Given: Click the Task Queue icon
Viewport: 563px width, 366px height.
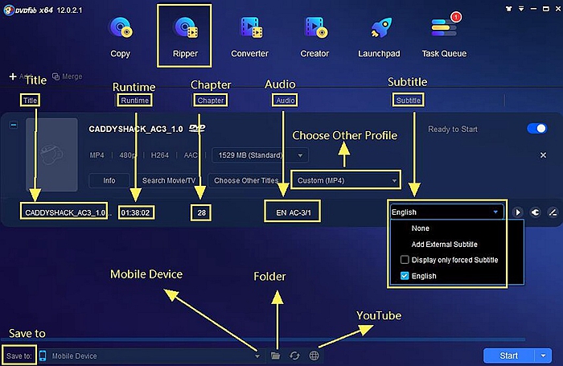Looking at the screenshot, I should [444, 28].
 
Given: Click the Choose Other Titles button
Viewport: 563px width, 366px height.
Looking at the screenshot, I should [247, 180].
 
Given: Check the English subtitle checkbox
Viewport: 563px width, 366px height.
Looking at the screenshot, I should [405, 276].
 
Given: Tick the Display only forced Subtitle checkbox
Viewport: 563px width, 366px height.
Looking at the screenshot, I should [405, 260].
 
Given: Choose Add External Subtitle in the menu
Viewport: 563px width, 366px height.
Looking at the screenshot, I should [444, 244].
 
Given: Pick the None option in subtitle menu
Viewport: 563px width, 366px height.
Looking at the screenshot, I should [420, 228].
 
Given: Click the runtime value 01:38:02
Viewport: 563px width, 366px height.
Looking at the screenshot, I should [137, 213].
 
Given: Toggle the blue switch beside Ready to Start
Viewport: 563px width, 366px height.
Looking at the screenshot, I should [536, 129].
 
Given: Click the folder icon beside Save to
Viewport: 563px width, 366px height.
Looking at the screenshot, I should [276, 355].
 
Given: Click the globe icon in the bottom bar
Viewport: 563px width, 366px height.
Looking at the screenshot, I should [314, 355].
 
